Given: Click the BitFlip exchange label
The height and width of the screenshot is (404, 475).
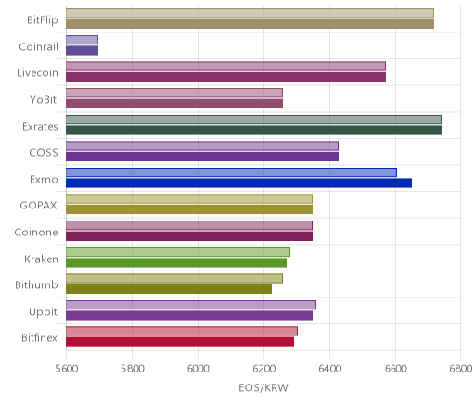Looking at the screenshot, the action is click(43, 20).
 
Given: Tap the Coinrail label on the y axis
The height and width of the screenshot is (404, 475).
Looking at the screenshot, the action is click(38, 47).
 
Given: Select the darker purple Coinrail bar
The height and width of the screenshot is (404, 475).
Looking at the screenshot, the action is click(82, 50).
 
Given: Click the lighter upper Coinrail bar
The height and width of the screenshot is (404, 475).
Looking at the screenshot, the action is click(82, 40).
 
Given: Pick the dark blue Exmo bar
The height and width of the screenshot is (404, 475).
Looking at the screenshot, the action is click(238, 183).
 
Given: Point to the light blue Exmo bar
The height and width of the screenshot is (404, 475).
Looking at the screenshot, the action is click(231, 172).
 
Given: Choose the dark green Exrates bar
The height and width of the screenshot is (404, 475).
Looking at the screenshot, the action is click(253, 130).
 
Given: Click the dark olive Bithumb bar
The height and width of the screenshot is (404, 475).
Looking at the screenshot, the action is click(169, 289).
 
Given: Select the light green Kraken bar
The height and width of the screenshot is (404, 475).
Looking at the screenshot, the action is click(178, 252).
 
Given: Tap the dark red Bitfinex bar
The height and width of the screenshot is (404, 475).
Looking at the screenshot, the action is click(180, 342).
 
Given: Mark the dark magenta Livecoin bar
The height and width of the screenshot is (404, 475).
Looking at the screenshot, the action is click(225, 77).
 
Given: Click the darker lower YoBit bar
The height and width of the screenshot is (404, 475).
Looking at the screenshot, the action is click(174, 104).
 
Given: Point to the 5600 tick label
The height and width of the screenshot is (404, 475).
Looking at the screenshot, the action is click(66, 369).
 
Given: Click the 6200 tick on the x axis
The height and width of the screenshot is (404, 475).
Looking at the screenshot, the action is click(264, 369).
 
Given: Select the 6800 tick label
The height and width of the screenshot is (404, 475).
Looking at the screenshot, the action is click(461, 369).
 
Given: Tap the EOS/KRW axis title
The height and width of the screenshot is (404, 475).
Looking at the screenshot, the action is click(263, 387).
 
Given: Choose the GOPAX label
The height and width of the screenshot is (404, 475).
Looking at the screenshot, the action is click(38, 206).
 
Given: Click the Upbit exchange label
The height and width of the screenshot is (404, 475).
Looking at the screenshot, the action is click(43, 312).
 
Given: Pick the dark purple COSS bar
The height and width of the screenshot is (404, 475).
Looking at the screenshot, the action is click(202, 157).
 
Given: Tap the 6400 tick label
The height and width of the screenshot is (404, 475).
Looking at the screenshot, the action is click(329, 369).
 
